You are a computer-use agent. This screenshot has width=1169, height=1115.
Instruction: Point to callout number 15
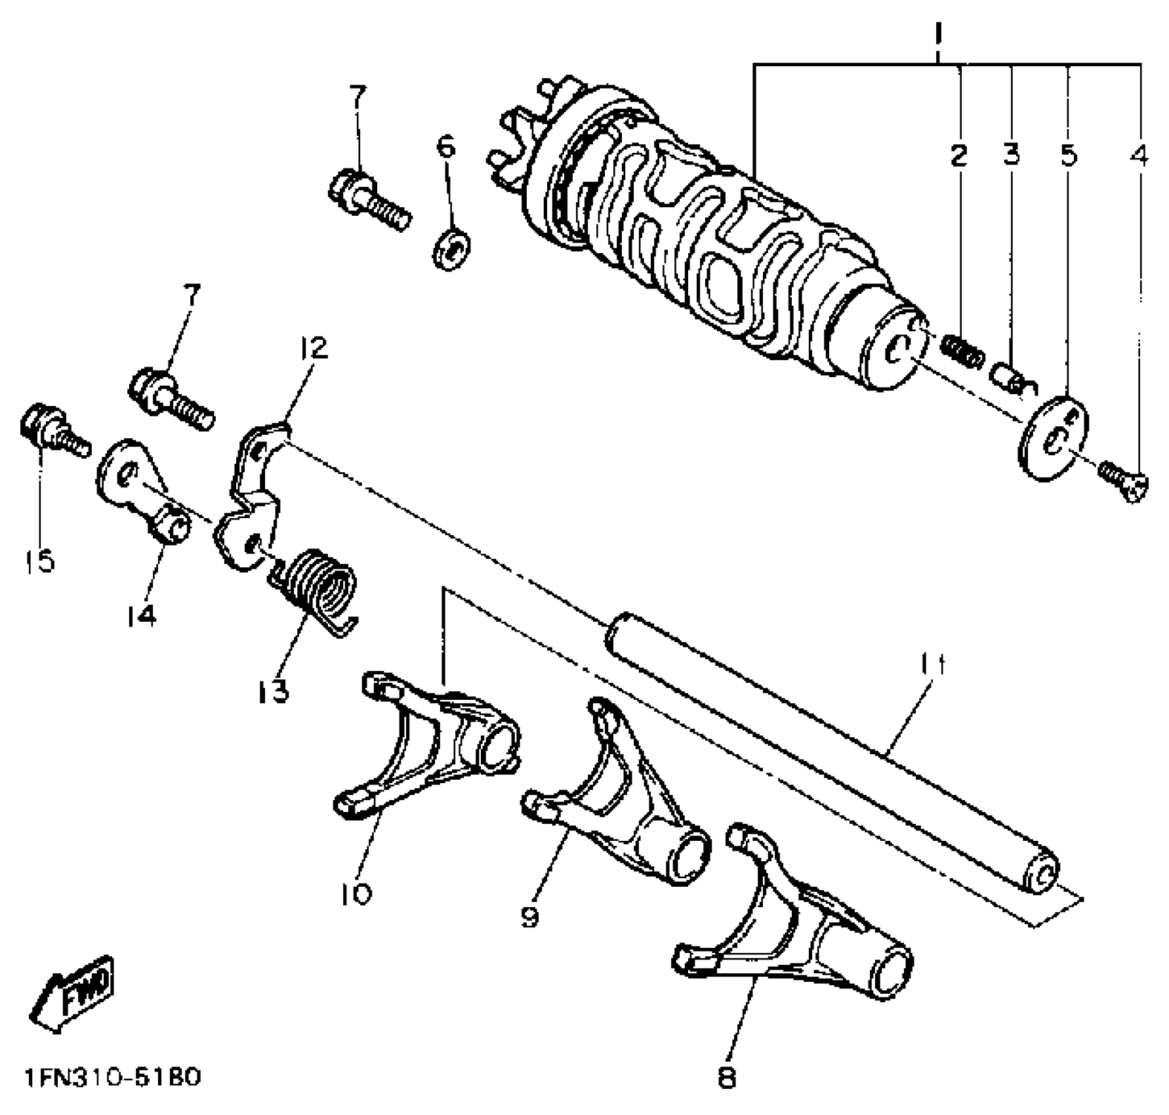pyautogui.click(x=39, y=561)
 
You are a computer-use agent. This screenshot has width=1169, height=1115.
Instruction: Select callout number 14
pyautogui.click(x=142, y=615)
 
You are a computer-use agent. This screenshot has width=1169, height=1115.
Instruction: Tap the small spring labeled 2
pyautogui.click(x=962, y=350)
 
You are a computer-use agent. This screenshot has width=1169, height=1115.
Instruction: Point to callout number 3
pyautogui.click(x=1012, y=155)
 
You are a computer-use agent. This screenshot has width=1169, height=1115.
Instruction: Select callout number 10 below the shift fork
pyautogui.click(x=357, y=893)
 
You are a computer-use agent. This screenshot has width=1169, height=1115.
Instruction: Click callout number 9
pyautogui.click(x=530, y=916)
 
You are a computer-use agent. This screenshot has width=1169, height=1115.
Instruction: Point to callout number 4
pyautogui.click(x=1139, y=155)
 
